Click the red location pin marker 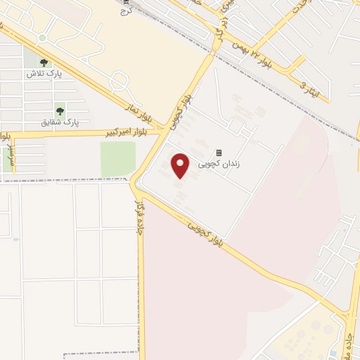[x=181, y=166]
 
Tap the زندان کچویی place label [x=219, y=164]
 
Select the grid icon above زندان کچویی [x=219, y=153]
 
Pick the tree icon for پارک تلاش [x=44, y=63]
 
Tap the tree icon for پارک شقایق [x=60, y=110]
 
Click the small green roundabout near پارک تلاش [x=42, y=37]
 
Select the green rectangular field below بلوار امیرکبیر [x=117, y=159]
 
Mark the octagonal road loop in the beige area [x=118, y=82]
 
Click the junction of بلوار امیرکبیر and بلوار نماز [x=165, y=130]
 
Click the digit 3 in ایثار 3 [x=304, y=85]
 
